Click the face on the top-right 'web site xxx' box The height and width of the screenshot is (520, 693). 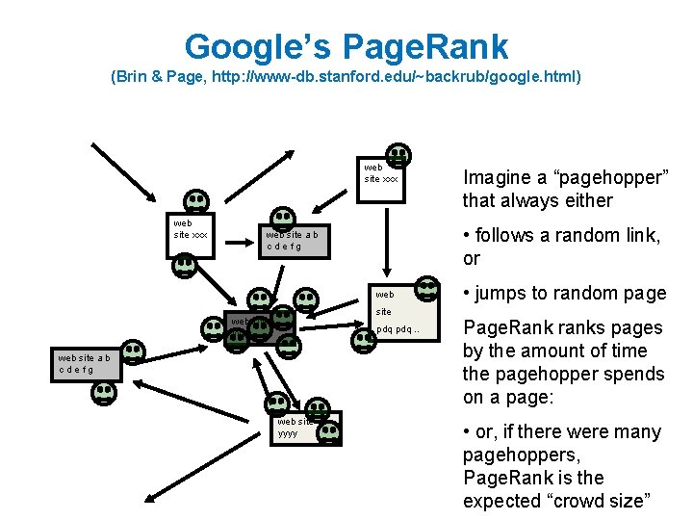click(397, 155)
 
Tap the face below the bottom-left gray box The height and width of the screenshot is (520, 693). click(103, 393)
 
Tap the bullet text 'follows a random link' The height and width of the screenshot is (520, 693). click(568, 235)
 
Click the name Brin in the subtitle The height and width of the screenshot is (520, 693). click(138, 75)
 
